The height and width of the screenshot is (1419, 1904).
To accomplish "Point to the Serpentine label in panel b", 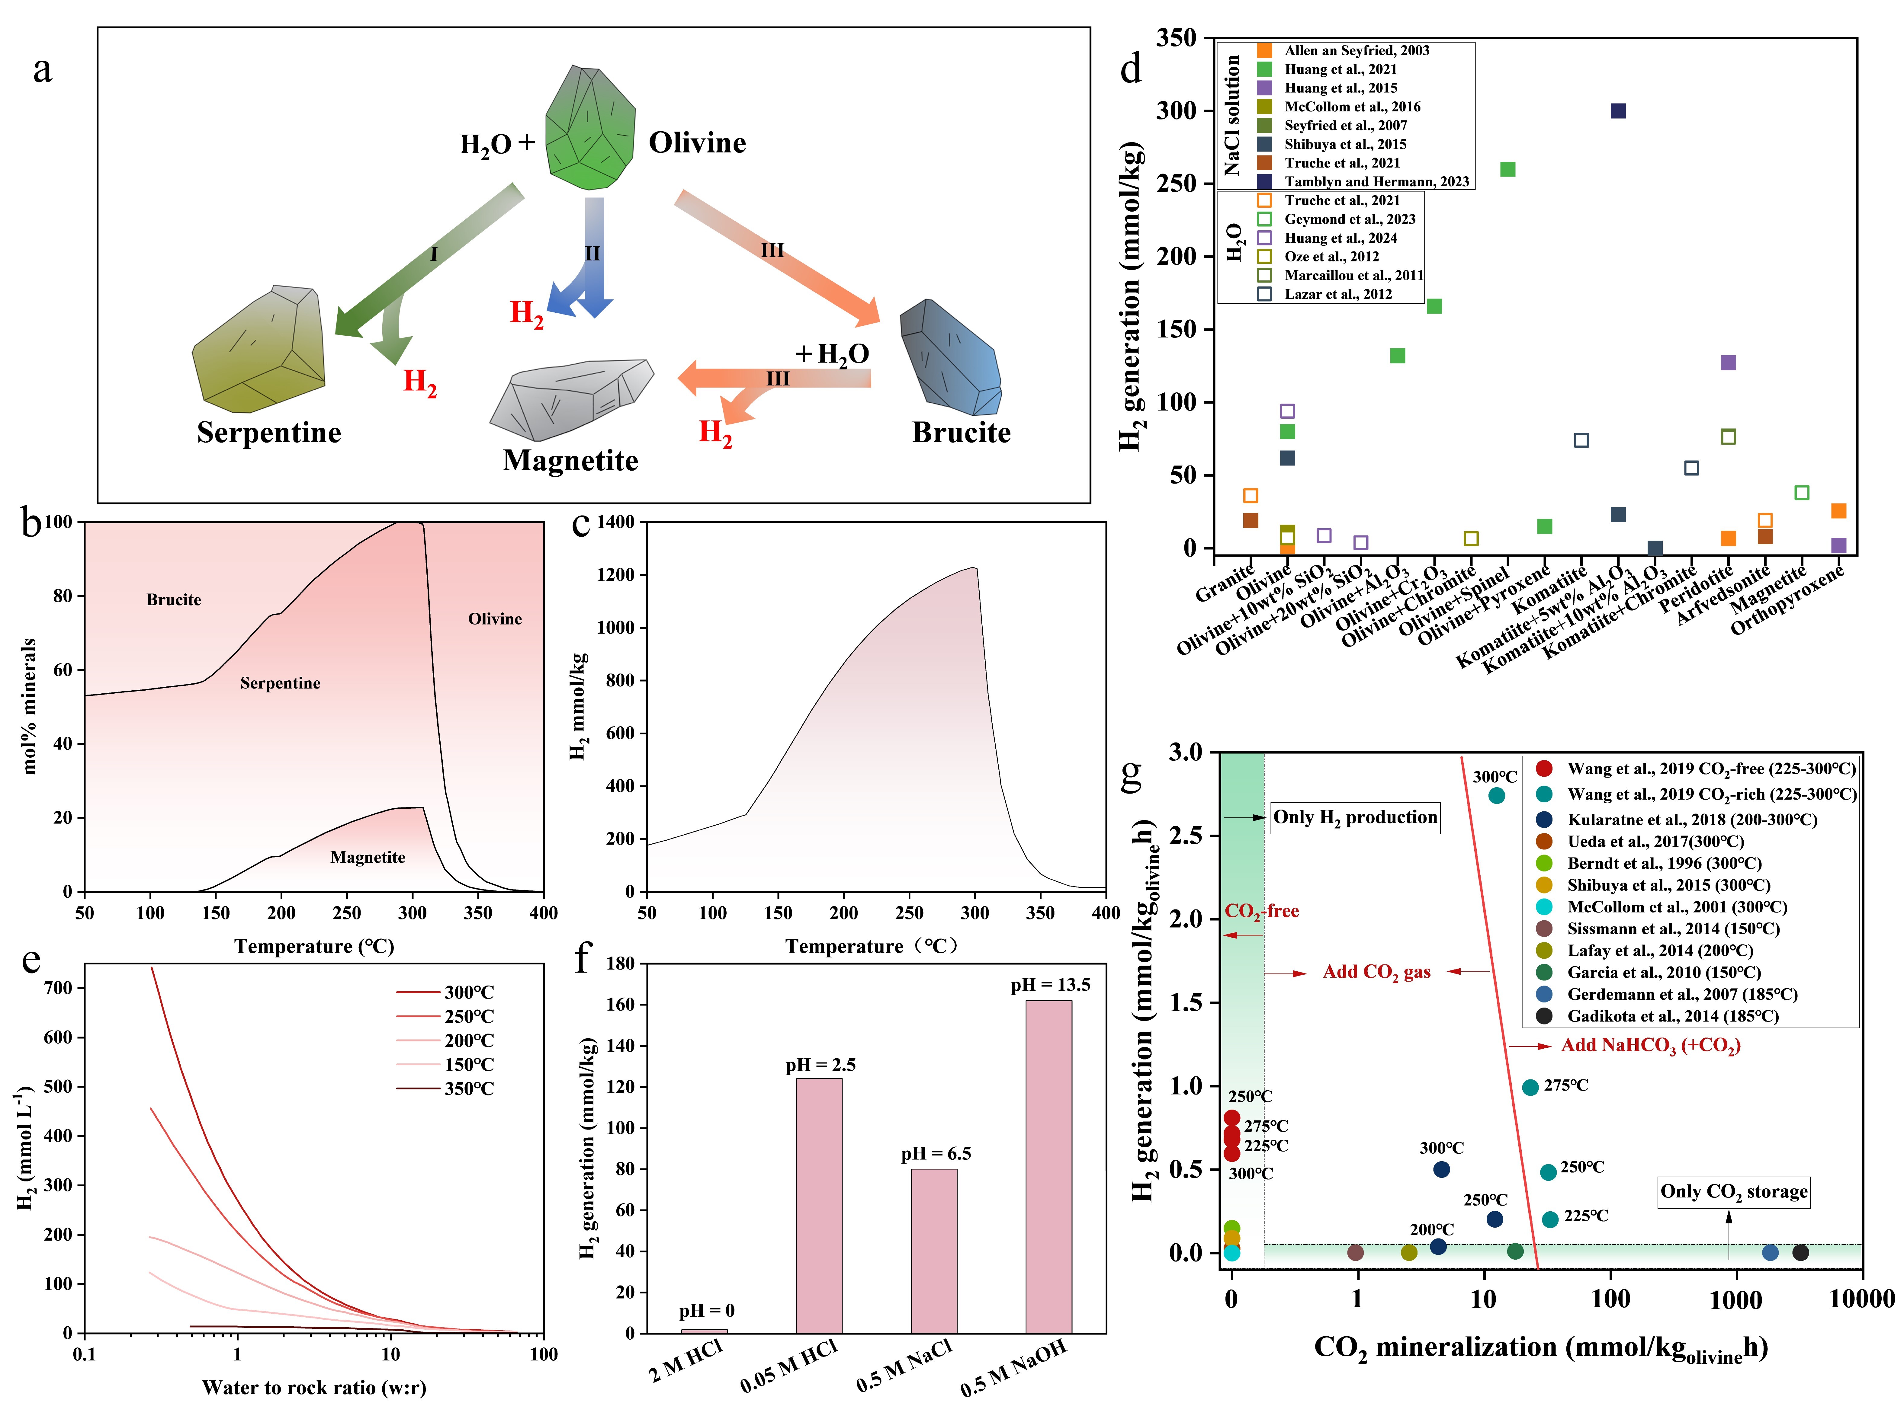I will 280,683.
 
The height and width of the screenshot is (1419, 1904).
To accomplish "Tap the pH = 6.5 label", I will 936,1154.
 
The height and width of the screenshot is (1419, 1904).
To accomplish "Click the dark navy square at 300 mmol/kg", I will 1618,111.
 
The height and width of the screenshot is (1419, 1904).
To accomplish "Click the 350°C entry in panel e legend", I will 468,1088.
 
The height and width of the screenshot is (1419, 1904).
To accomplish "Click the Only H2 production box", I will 1355,817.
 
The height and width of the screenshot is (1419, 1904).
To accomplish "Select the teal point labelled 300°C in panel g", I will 1496,795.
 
